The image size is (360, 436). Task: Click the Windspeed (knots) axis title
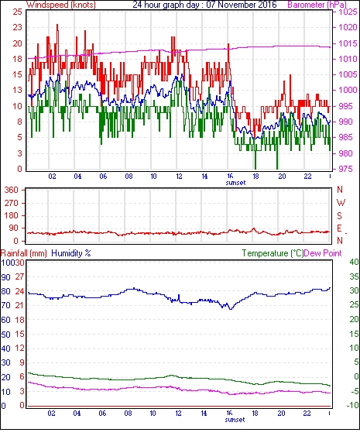coord(61,5)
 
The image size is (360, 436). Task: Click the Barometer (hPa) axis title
coord(317,5)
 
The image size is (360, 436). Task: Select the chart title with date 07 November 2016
coord(204,5)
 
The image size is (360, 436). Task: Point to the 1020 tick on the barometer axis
coord(348,27)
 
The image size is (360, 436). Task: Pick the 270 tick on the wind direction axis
coord(12,203)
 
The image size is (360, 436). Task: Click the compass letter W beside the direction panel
coord(341,203)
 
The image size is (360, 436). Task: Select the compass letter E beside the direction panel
coord(339,228)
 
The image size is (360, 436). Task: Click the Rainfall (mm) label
coord(24,253)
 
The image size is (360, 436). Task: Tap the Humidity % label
coord(71,253)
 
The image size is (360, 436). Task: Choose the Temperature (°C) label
coord(273,253)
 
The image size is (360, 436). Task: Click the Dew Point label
coord(323,253)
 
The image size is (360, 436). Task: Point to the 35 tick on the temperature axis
coord(354,276)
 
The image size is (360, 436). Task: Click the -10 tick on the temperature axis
coord(352,405)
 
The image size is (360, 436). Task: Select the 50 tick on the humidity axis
coord(6,335)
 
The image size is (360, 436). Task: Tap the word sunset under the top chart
coord(235,183)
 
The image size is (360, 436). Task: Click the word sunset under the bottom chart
coord(235,419)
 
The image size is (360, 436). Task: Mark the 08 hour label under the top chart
coord(129,177)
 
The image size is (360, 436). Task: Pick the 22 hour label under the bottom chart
coord(307,414)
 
